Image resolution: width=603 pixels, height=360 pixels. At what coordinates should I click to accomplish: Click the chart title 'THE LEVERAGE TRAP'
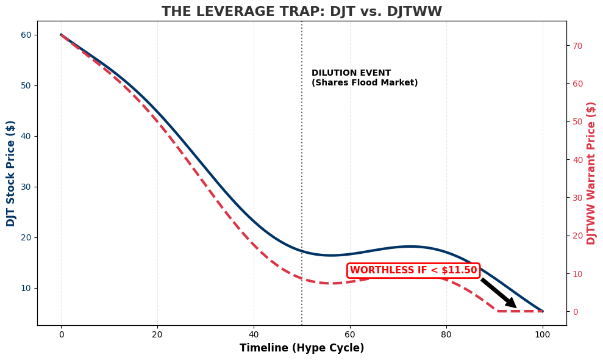coord(301,12)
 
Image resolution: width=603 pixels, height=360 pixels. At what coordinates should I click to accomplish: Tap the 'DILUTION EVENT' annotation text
coord(351,73)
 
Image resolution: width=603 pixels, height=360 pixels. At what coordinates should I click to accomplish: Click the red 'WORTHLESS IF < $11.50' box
coord(413,270)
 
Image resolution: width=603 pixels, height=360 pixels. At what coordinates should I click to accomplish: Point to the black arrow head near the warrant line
coord(512,304)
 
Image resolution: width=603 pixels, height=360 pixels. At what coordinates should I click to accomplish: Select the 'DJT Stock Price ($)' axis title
coord(11,173)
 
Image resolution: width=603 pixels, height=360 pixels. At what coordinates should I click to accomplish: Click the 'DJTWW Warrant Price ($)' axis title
coord(591,173)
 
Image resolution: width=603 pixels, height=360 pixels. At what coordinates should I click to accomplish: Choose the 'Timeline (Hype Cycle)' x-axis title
coord(301,348)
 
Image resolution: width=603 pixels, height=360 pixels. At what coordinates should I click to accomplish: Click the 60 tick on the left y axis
coord(27,35)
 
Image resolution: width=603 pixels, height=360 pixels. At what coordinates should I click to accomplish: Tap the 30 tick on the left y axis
coord(27,187)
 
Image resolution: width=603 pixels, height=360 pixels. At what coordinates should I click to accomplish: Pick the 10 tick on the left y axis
coord(27,288)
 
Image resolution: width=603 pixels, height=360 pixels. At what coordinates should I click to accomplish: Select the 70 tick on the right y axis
coord(577,46)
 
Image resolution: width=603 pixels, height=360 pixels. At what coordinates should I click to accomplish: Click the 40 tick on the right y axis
coord(577,160)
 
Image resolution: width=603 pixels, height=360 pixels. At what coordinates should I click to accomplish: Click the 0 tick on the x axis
coord(61,334)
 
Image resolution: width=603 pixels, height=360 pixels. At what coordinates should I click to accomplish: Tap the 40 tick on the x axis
coord(254,334)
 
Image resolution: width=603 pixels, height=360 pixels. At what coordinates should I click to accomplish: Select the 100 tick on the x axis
coord(543,334)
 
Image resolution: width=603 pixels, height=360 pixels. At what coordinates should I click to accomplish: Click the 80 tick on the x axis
coord(446,334)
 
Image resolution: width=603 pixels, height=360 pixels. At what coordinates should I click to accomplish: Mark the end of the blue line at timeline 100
coord(542,311)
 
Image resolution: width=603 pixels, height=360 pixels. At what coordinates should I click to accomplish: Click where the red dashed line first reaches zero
coord(499,311)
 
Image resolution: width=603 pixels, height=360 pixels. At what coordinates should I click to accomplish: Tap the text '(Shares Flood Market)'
coord(365,83)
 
